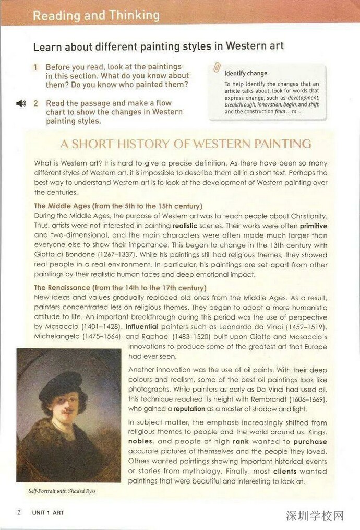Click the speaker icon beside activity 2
pos(21,103)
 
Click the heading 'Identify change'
pos(246,74)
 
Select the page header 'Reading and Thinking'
pos(96,15)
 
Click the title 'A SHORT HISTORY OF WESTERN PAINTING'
pos(186,144)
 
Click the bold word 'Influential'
pos(143,327)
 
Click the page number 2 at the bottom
pos(19,512)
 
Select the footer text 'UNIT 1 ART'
pos(47,513)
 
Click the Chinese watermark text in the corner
pos(316,516)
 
